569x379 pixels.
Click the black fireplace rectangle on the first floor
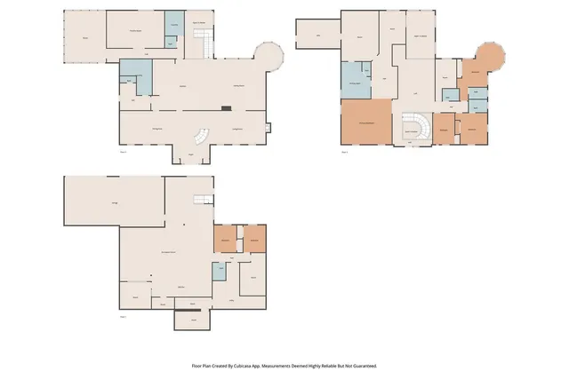[x=227, y=108]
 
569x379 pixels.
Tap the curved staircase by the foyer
[x=201, y=138]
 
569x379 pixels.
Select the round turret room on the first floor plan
[x=268, y=59]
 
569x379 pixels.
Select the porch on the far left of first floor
[x=85, y=39]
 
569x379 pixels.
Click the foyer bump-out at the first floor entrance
[x=189, y=155]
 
